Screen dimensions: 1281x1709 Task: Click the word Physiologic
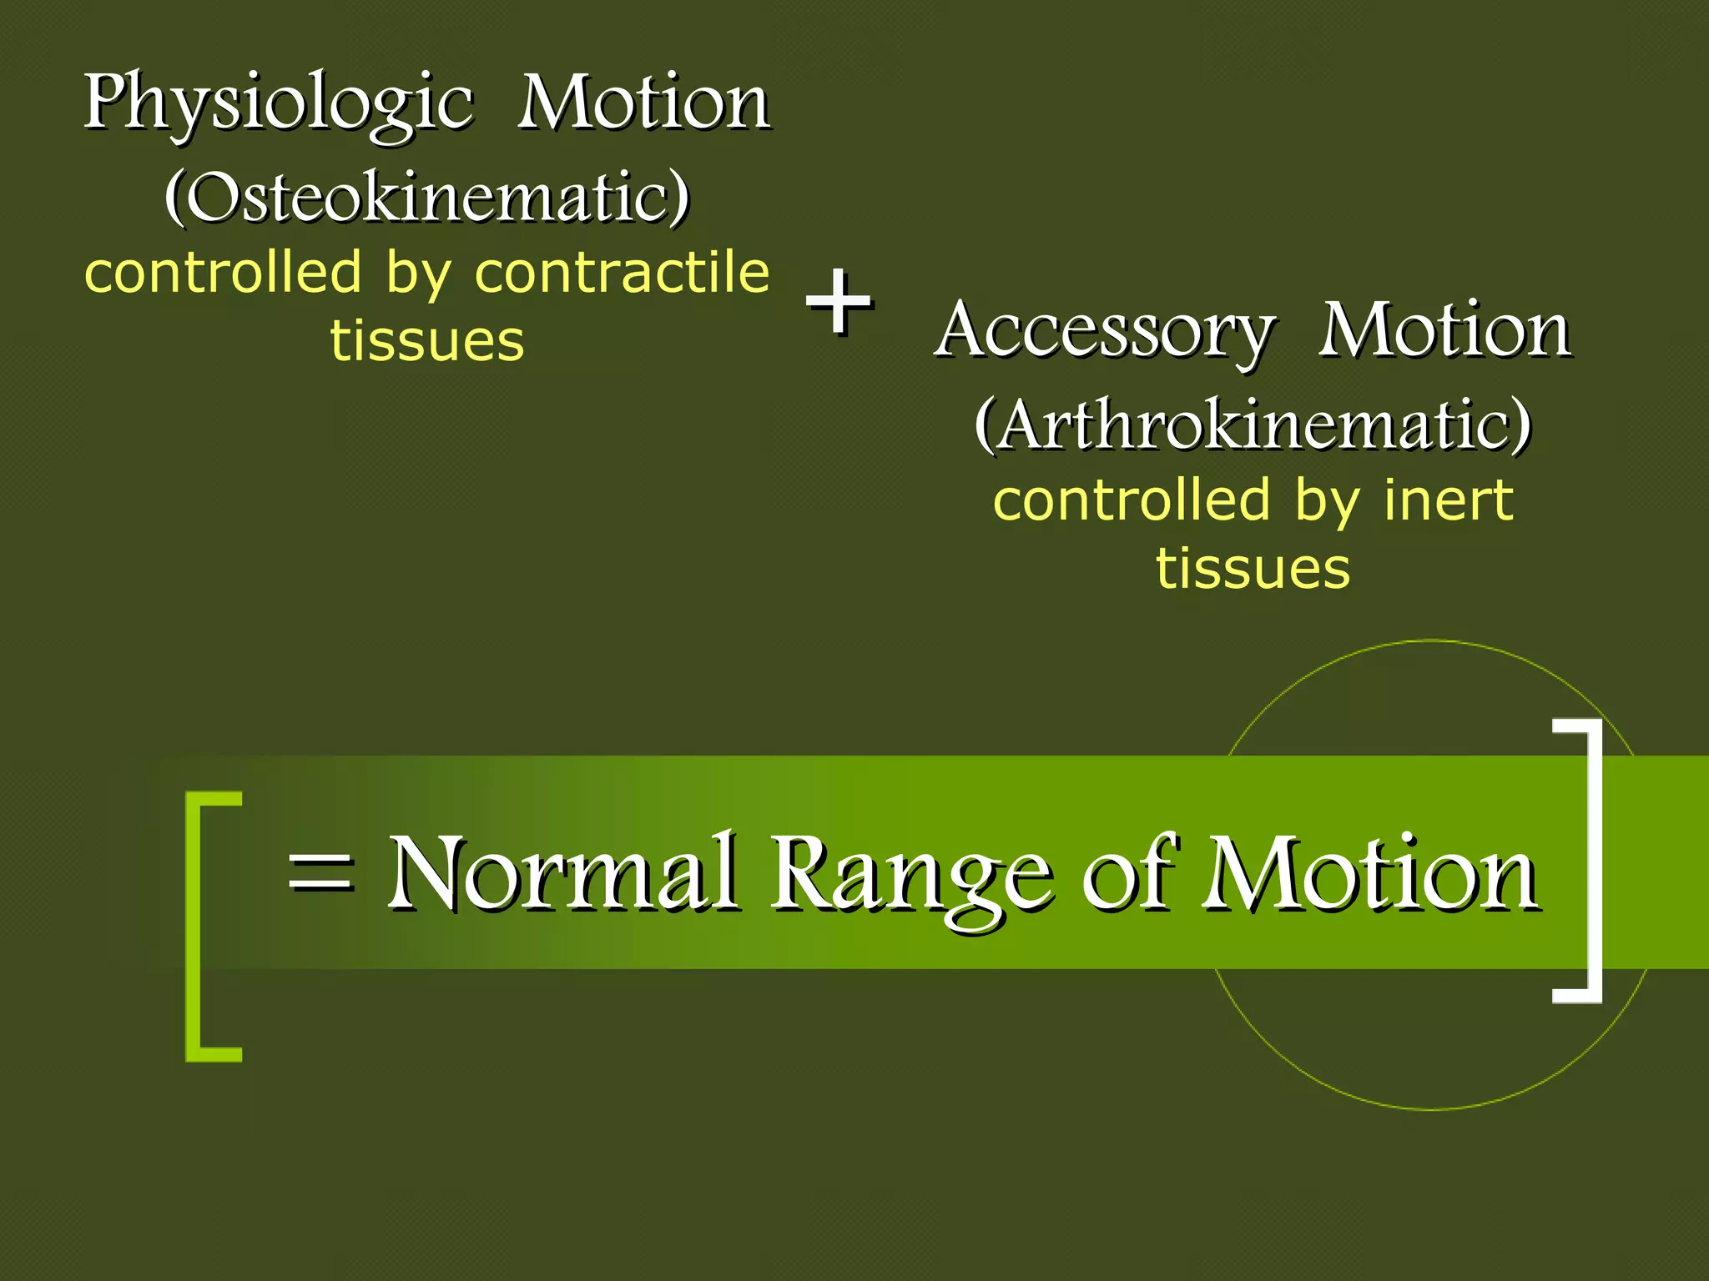tap(278, 104)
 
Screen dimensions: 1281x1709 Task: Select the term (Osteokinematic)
tap(427, 197)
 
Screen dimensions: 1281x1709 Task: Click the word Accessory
tap(1104, 331)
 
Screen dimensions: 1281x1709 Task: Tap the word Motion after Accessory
tap(1444, 330)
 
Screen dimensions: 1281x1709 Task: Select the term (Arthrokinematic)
tap(1253, 424)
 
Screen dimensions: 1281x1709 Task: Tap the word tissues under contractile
tap(427, 341)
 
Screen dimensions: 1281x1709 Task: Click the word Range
tap(910, 876)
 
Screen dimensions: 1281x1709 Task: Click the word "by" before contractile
tap(417, 274)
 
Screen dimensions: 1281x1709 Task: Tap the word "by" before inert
tap(1327, 502)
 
